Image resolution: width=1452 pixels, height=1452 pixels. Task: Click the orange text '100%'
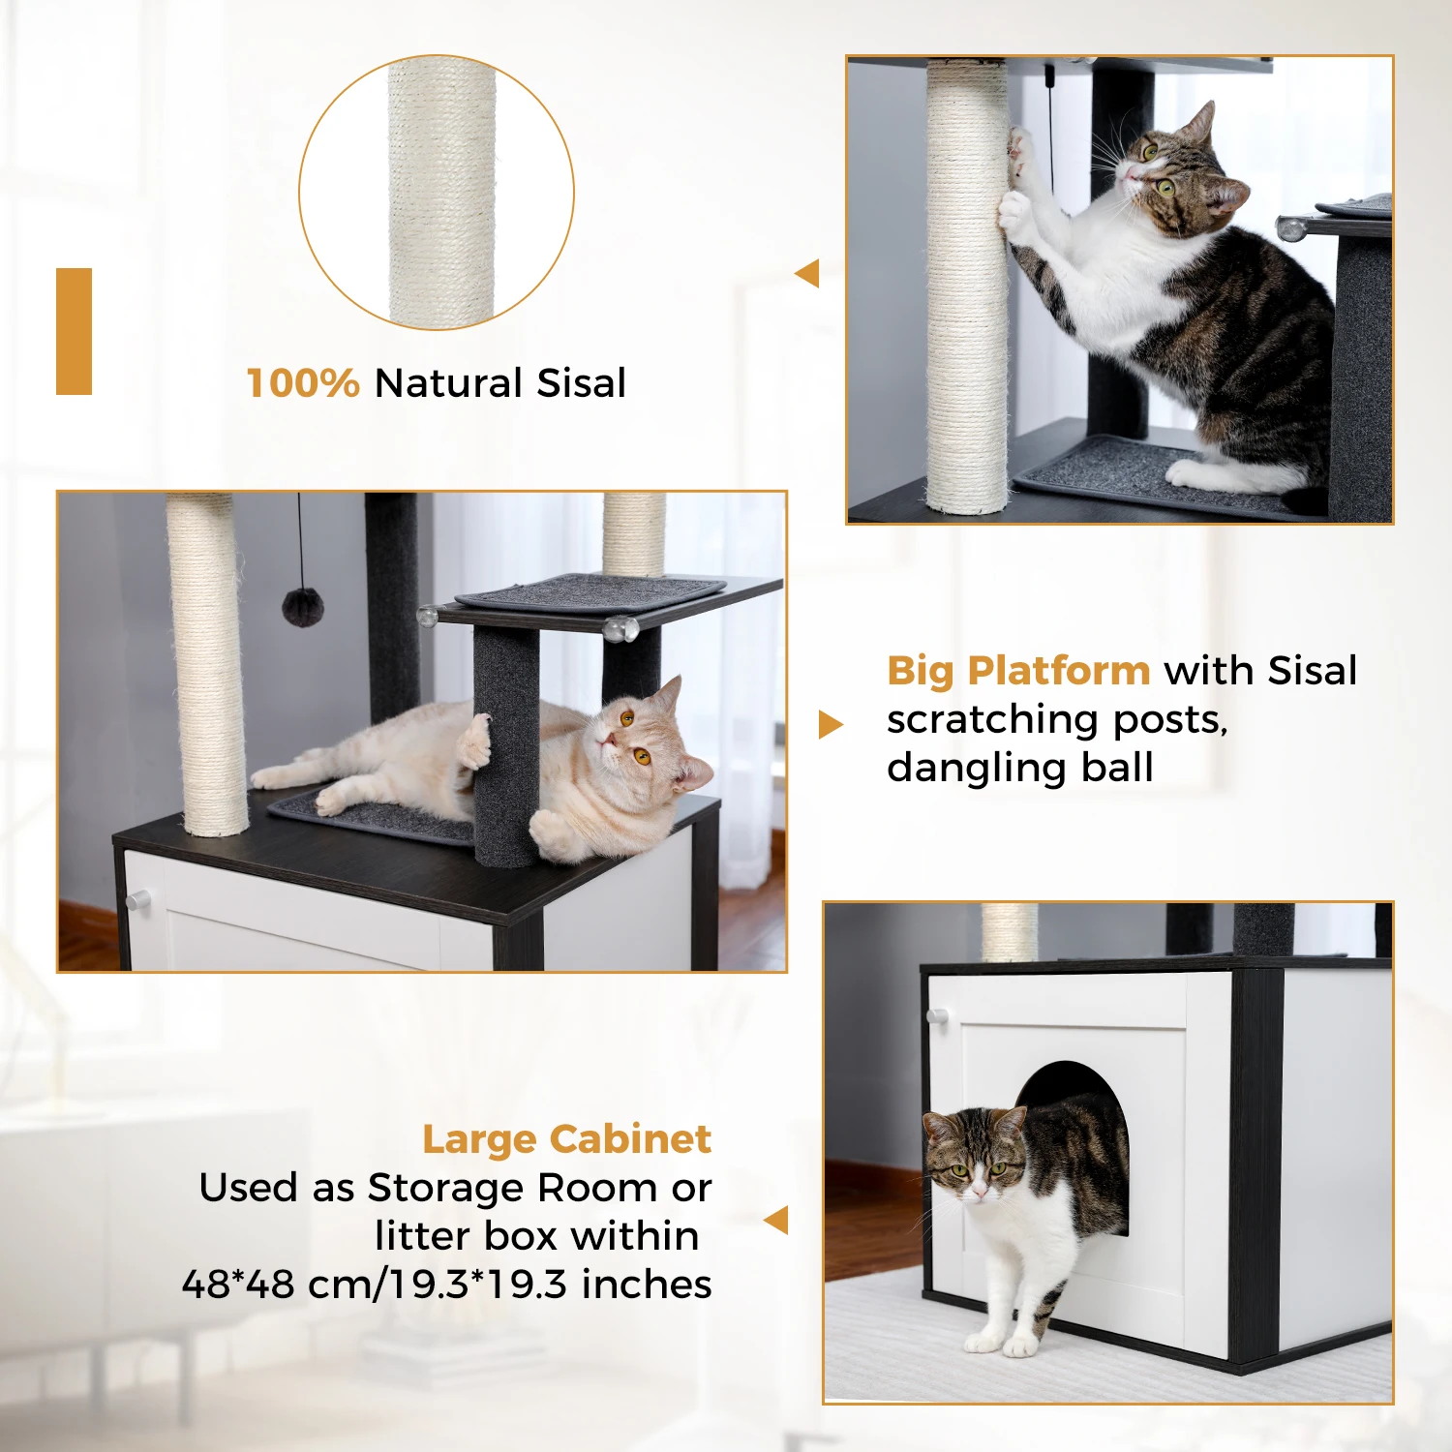coord(302,383)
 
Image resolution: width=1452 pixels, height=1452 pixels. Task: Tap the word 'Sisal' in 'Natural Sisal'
coord(581,383)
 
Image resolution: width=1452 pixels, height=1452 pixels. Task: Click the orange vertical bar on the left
coord(74,331)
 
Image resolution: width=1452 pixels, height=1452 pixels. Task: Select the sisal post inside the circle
coord(441,194)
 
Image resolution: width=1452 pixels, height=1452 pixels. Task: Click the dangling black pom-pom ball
coord(302,606)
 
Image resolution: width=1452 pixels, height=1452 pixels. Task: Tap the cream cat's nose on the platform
coord(606,741)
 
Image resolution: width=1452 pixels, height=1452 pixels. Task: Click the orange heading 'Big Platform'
coord(1018,670)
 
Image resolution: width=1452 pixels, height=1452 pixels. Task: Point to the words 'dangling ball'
coord(1019,768)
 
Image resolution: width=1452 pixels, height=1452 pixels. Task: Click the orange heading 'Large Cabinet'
coord(566,1139)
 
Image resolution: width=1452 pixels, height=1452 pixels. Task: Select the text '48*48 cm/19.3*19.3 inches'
coord(446,1285)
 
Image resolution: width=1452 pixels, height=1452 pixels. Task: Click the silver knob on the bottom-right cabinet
coord(936,1016)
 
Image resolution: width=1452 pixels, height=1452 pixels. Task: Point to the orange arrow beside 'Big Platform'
coord(830,724)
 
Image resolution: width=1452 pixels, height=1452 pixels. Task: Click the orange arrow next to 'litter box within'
coord(777,1220)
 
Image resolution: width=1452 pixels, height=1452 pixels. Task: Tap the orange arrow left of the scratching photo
coord(807,274)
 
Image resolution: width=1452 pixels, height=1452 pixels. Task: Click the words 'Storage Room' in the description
coord(496,1188)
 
